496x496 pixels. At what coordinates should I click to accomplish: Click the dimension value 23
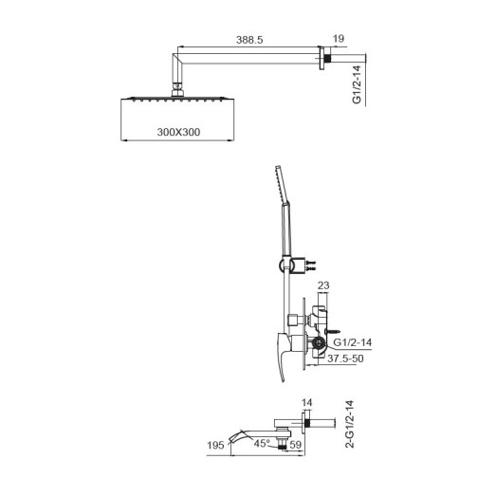[x=322, y=284]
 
